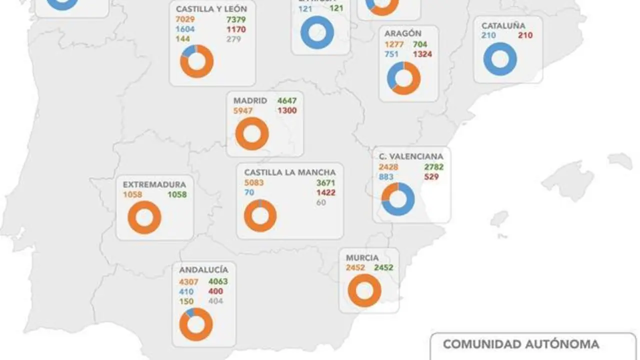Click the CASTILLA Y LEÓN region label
click(x=211, y=9)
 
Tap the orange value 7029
click(x=185, y=19)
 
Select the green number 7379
click(x=236, y=19)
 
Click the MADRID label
click(x=250, y=100)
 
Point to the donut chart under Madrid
click(x=252, y=133)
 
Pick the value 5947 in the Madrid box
click(x=243, y=110)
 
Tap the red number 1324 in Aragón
click(x=422, y=54)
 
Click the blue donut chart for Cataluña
click(x=500, y=59)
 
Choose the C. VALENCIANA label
click(x=411, y=156)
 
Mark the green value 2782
click(x=433, y=167)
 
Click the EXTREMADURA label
click(x=154, y=184)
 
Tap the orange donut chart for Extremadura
click(x=144, y=217)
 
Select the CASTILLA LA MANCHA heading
click(x=290, y=172)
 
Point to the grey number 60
click(x=321, y=202)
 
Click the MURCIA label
click(x=362, y=257)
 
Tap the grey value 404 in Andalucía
click(x=215, y=301)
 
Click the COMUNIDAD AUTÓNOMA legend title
click(x=521, y=344)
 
